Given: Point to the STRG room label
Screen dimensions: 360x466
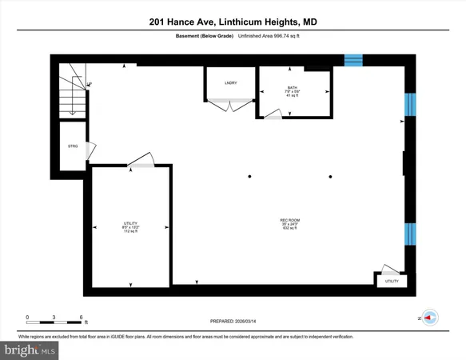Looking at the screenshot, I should point(73,146).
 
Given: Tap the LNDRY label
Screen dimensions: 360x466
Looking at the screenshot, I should point(229,82).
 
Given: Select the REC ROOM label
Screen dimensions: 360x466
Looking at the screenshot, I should point(289,220).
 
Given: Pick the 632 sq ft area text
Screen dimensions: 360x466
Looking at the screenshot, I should point(289,230).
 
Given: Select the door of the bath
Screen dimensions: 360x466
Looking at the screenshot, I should point(273,115).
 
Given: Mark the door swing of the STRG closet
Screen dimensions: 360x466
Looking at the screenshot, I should point(91,149).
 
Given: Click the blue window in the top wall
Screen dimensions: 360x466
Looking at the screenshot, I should point(353,60).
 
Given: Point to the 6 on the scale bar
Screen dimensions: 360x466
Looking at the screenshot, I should point(82,318).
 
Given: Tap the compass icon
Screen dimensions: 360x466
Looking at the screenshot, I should point(428,318).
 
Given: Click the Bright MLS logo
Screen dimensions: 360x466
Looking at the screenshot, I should point(30,350).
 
